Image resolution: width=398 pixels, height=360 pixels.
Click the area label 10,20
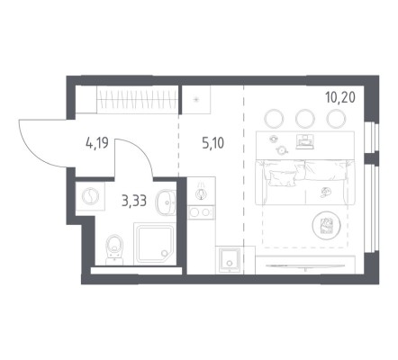(340, 97)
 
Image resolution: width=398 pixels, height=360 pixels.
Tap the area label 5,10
(213, 144)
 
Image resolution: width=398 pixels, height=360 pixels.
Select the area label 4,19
(96, 143)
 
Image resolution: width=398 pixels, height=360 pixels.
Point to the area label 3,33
(134, 201)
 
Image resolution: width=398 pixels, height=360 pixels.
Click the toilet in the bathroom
(114, 249)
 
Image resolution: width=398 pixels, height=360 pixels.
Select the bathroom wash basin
(166, 202)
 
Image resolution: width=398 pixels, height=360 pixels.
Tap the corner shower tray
(154, 244)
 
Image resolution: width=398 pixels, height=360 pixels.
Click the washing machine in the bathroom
(90, 196)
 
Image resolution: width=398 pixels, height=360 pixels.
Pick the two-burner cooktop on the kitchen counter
(201, 212)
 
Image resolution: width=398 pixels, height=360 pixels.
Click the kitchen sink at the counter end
(230, 260)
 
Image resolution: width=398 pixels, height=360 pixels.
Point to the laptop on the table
(305, 141)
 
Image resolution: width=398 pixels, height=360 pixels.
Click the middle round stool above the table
(304, 118)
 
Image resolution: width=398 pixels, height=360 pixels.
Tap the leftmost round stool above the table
(274, 118)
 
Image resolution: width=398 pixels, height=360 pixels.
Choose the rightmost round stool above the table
(336, 118)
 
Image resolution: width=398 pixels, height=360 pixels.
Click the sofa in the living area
(305, 183)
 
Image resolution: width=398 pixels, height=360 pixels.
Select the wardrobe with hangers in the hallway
(137, 100)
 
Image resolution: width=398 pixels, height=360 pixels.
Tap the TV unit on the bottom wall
(305, 265)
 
